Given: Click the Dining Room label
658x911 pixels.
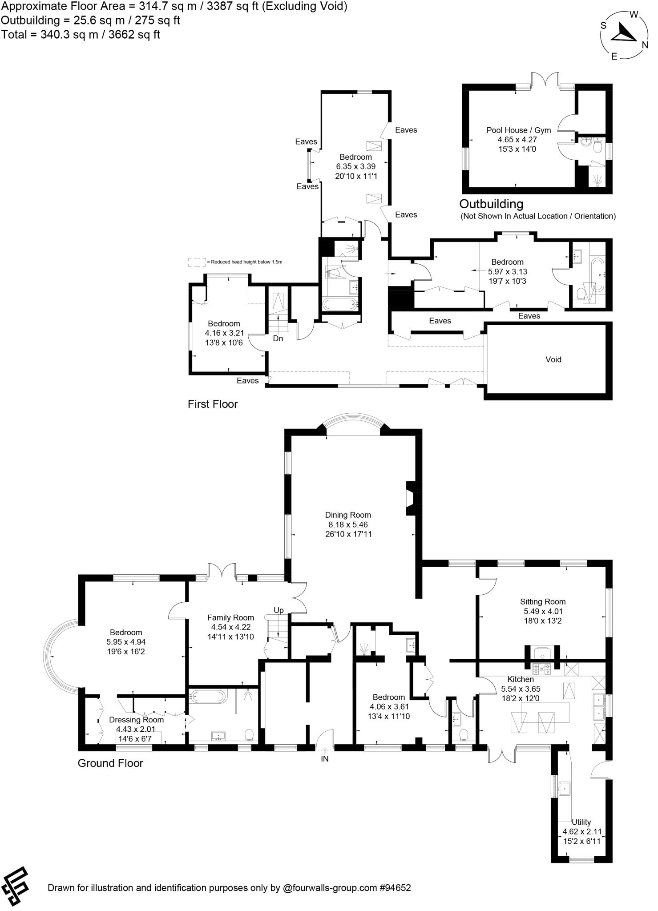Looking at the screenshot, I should (347, 515).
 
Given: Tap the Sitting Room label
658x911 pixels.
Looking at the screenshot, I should (543, 602).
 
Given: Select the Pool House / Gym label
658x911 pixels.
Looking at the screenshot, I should (518, 130).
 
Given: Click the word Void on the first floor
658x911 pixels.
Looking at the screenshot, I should (553, 359).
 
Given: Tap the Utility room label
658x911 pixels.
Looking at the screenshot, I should (581, 822).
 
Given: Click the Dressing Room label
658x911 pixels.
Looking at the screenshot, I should (136, 720).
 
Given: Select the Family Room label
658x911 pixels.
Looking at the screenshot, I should (230, 618).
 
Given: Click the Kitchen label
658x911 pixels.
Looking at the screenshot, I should (521, 679).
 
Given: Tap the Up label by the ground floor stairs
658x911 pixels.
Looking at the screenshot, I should (279, 610).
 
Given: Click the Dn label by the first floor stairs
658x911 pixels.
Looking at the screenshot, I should (278, 339).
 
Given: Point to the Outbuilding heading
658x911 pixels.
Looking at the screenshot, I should (491, 204).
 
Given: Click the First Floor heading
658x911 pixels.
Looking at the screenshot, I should (213, 404).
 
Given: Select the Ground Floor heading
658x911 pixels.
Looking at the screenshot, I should (110, 763).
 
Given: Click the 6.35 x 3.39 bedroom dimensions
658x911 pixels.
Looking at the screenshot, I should (355, 166).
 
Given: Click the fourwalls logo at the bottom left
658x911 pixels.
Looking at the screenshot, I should (15, 887).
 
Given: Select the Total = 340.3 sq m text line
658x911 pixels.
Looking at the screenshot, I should (81, 35).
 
